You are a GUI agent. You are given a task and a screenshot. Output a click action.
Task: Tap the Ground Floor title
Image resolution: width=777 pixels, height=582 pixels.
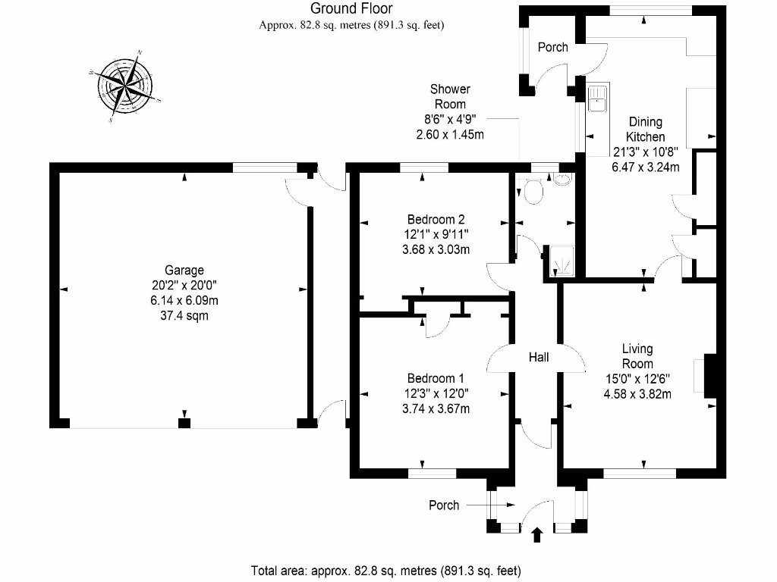351,9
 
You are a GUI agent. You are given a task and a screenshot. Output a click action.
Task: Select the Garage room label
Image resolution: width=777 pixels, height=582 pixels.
184,270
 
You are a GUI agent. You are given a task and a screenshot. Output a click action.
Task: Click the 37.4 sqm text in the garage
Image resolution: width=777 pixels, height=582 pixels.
184,315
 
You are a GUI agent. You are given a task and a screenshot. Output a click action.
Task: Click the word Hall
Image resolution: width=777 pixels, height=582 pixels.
539,357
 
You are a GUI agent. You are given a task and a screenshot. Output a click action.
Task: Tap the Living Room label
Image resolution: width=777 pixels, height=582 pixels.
637,356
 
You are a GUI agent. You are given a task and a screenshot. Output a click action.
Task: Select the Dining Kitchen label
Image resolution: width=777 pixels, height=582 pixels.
645,129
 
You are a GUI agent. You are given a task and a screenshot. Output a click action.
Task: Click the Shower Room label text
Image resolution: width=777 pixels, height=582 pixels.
450,96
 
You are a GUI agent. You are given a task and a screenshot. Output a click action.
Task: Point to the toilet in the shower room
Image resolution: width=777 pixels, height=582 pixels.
533,190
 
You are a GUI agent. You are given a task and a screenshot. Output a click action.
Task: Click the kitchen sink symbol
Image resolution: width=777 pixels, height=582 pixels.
598,98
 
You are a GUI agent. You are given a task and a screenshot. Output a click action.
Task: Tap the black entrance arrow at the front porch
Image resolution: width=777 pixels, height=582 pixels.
538,535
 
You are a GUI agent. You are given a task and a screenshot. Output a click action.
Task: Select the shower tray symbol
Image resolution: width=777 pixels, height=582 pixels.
563,261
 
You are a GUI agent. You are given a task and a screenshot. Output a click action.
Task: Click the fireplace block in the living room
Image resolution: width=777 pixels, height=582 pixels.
709,376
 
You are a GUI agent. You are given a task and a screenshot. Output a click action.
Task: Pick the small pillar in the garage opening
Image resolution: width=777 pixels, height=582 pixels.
184,423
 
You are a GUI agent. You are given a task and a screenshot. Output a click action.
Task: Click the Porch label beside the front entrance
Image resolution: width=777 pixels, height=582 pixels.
444,505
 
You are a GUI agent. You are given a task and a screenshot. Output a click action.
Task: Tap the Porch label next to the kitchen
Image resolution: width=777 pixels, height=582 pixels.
552,47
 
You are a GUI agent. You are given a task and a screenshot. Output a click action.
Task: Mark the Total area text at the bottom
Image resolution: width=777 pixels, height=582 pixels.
386,570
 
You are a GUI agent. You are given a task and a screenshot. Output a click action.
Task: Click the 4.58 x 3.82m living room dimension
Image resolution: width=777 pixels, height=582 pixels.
637,393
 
